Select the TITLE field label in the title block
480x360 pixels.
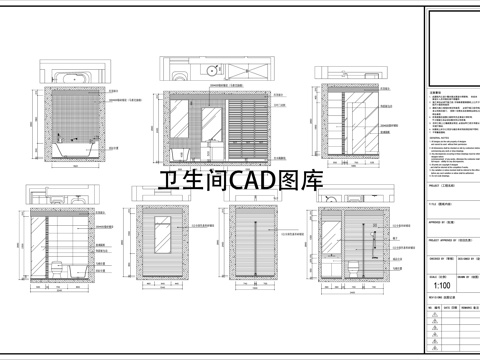434,202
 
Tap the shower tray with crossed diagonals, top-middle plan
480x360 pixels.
249,71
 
